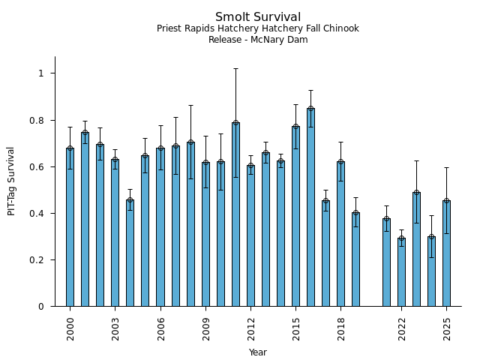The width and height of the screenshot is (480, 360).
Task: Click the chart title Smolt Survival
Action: (258, 17)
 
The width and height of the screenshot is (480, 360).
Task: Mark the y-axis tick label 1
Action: (42, 73)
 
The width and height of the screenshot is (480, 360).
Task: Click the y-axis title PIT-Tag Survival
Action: (12, 181)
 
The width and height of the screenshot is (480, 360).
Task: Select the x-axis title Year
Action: (258, 352)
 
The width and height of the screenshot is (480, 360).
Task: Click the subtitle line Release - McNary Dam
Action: (258, 40)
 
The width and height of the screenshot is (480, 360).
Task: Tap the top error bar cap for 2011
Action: (235, 68)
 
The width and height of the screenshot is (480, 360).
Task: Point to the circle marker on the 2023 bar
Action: (416, 193)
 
